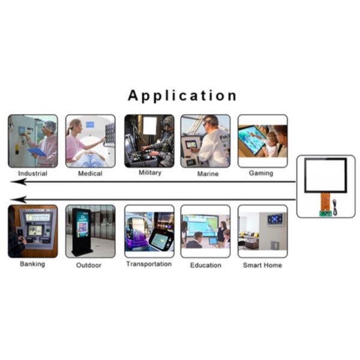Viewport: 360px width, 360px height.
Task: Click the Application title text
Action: (182, 96)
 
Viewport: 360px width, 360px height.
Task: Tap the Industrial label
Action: (33, 173)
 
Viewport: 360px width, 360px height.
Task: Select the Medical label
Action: (90, 173)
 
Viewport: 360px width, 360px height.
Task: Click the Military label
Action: (149, 173)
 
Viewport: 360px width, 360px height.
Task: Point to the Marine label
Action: (206, 173)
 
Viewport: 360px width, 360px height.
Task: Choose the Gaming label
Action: (261, 173)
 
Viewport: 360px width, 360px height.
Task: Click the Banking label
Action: (32, 264)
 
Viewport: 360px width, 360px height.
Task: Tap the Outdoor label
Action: (89, 265)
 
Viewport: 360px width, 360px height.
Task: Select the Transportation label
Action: (149, 264)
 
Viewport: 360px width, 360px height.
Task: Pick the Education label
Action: (206, 265)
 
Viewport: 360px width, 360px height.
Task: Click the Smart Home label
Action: (262, 265)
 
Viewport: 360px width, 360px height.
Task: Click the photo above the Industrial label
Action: (33, 141)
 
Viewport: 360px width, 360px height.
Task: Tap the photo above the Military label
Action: (149, 141)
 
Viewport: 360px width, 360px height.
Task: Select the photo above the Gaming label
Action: (262, 141)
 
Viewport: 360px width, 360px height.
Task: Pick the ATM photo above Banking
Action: (33, 231)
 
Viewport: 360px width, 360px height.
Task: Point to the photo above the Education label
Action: (205, 231)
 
